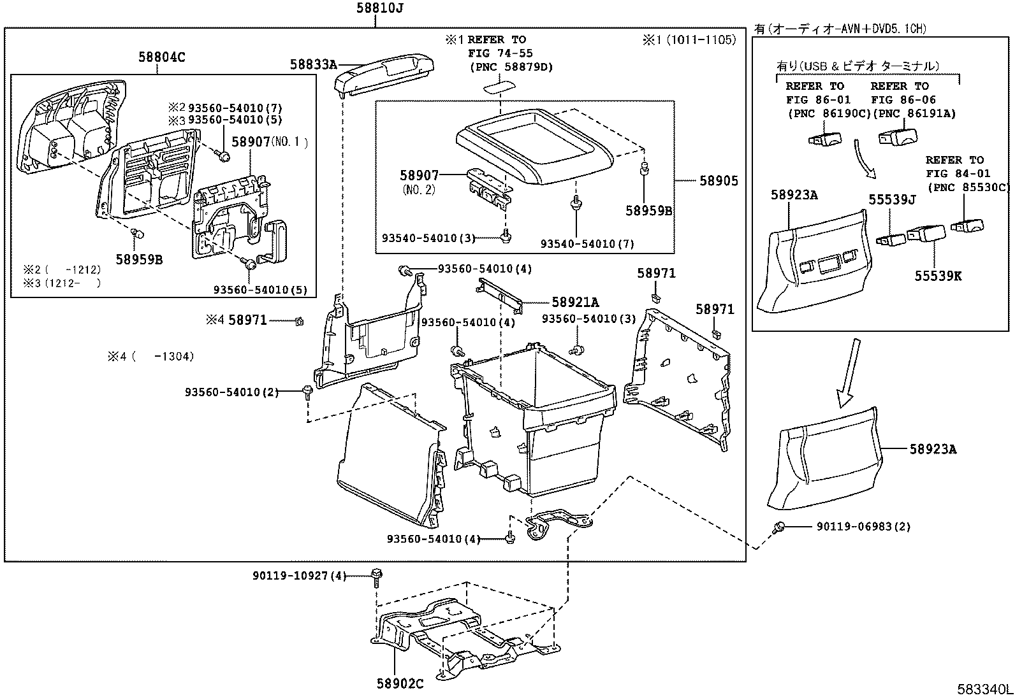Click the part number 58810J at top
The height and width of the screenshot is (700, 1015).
379,8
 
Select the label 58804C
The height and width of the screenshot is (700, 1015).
162,57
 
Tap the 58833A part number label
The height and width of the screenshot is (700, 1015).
312,64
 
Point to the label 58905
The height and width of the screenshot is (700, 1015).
719,181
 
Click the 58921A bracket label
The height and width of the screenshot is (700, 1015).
575,303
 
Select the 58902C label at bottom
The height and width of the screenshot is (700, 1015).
400,684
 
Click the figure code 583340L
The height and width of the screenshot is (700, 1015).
983,690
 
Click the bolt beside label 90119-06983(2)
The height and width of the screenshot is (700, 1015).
778,527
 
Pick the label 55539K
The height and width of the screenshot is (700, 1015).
938,276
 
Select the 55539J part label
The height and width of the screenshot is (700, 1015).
892,200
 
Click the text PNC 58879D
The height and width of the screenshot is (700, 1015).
511,67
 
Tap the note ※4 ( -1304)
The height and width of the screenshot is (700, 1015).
150,357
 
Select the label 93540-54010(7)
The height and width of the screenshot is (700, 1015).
587,244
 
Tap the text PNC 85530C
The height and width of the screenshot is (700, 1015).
969,187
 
